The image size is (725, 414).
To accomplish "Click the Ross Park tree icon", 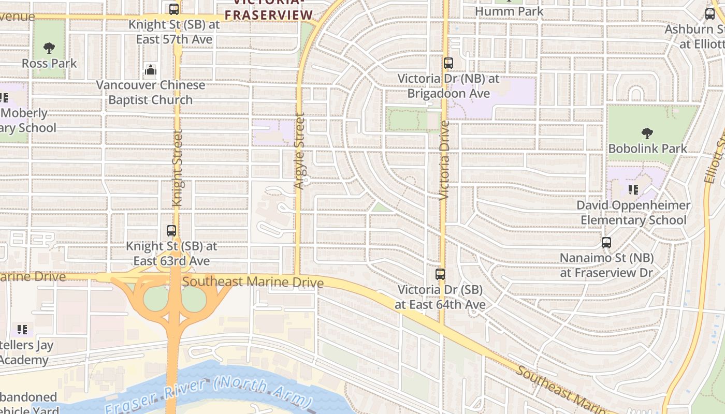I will [49, 48].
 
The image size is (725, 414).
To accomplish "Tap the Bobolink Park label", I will [647, 149].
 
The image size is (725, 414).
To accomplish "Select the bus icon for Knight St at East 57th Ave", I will [174, 9].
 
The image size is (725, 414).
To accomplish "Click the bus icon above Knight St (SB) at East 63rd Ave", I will [171, 231].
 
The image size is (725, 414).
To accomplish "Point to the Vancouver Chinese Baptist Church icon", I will [151, 70].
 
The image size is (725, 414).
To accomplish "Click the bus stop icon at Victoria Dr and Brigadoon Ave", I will [448, 63].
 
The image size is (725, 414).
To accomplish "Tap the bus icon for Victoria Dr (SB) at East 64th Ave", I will [440, 274].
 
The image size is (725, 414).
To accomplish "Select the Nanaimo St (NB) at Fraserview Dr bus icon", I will [606, 242].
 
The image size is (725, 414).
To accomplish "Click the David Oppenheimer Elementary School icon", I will [633, 190].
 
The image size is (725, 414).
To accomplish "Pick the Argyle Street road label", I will [299, 151].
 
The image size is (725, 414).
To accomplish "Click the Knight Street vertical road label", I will [177, 169].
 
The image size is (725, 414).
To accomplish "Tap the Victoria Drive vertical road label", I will [444, 160].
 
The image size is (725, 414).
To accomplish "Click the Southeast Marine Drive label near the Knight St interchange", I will [253, 282].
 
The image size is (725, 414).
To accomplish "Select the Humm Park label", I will [509, 11].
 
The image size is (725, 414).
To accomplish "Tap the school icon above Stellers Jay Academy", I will [22, 329].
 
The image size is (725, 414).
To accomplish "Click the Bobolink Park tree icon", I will [647, 134].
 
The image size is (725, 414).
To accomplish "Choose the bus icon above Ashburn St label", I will [710, 14].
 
